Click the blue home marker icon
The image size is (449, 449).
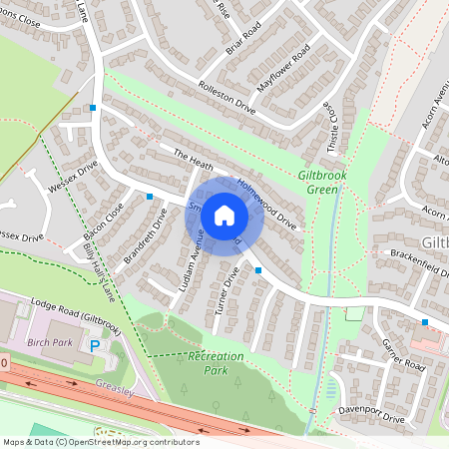coord(224,215)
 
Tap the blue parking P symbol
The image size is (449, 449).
coord(96,345)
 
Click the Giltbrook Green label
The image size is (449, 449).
coord(322,182)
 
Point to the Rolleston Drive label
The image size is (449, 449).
coord(227,98)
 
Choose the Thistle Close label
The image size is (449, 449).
coord(326,119)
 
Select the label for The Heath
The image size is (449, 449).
coord(195,159)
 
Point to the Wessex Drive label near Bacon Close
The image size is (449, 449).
coord(73,177)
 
